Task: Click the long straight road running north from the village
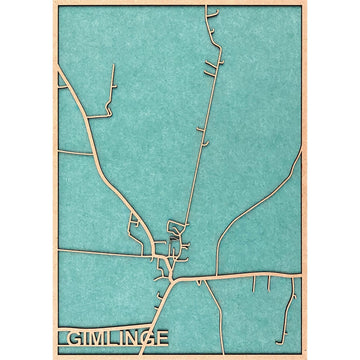coord(200,150)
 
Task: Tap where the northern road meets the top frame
coord(212,7)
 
